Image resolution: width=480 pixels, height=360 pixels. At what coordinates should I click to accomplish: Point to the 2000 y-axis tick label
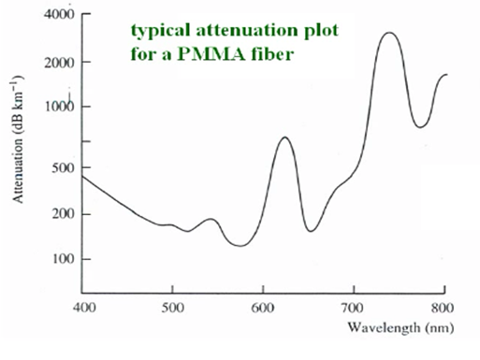click(51, 63)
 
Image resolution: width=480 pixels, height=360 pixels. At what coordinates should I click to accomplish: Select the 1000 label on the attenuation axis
click(51, 108)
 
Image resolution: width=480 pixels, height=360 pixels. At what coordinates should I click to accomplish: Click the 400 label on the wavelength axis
click(83, 307)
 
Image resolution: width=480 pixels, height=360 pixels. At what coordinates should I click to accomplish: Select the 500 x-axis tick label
click(172, 307)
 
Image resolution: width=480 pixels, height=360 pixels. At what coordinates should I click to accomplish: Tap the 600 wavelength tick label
click(263, 307)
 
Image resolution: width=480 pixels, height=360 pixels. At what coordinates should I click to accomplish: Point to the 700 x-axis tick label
click(353, 307)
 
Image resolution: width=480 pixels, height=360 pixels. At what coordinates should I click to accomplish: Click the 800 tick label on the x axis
click(444, 307)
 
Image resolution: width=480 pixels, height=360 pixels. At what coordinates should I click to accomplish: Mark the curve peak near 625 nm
click(285, 137)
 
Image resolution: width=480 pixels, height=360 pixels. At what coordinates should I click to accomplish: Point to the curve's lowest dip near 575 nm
click(241, 246)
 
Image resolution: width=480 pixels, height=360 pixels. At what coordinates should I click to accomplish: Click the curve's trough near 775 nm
click(421, 126)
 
